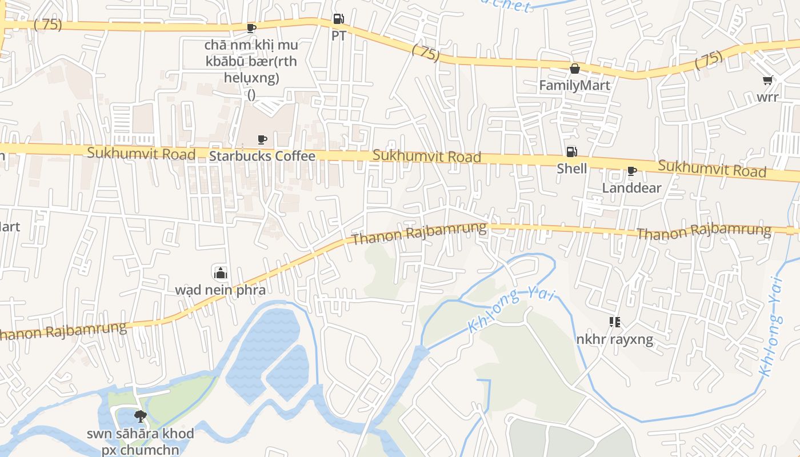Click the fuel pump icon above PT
[x=338, y=19]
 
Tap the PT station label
[x=339, y=35]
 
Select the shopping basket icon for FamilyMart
[x=574, y=69]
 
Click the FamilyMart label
[x=575, y=86]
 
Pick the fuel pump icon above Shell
[x=571, y=152]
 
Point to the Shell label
[x=572, y=169]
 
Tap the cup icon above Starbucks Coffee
[x=262, y=139]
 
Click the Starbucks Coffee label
[x=262, y=156]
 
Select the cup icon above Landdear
[x=631, y=171]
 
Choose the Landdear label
[x=631, y=188]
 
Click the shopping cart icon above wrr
[x=767, y=81]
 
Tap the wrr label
[x=767, y=97]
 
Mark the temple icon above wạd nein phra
[x=220, y=273]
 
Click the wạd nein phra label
[x=220, y=290]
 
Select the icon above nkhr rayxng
[x=614, y=323]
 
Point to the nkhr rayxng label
[x=614, y=340]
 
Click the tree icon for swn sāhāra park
[x=140, y=416]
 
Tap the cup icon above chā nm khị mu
[x=251, y=28]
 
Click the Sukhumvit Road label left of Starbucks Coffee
[x=141, y=153]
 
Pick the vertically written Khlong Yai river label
[x=771, y=326]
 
